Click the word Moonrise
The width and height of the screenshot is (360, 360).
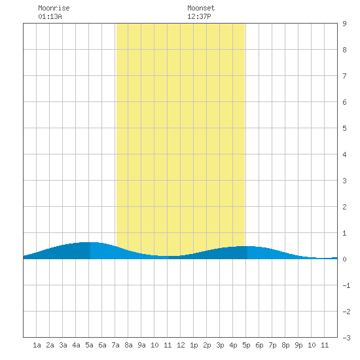coord(54,8)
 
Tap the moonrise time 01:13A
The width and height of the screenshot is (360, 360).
coord(50,16)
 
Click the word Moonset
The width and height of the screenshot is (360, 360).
coord(201,8)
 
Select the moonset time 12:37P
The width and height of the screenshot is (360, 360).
coord(199,16)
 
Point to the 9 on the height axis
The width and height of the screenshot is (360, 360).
coord(344,24)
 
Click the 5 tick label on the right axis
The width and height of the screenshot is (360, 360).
coord(344,128)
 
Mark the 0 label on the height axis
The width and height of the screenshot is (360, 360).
coord(344,259)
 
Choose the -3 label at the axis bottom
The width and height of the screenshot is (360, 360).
coord(346,338)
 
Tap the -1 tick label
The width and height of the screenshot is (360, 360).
coord(346,285)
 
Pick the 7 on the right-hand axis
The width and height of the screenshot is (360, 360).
coord(344,76)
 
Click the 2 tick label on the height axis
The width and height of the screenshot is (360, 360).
coord(344,207)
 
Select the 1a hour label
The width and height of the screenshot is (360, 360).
coord(37,345)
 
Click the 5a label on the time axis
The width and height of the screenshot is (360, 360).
coord(89,345)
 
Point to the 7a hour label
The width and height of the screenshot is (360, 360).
coord(115,345)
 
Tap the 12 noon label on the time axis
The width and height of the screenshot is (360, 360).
coord(181,345)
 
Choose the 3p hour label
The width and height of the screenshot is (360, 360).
coord(220,345)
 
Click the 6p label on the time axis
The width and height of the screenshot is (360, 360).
coord(259,345)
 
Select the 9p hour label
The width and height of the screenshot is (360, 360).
coord(298,345)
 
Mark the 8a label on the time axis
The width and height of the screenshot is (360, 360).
coord(128,345)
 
